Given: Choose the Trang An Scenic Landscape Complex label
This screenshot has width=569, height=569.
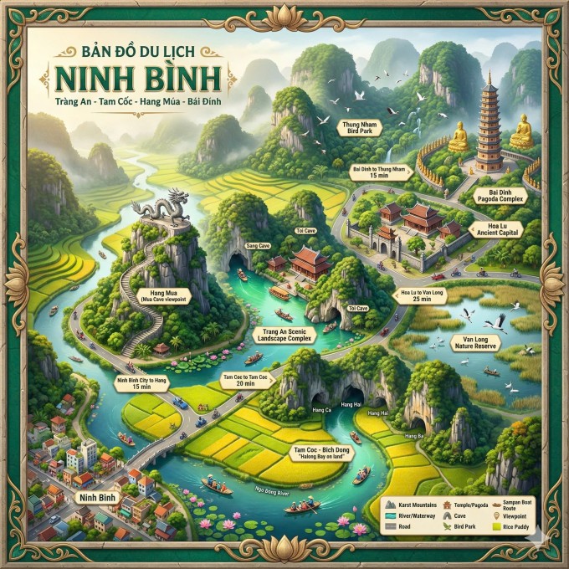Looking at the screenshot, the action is [280, 338].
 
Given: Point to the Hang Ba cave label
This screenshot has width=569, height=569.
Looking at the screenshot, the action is [416, 436].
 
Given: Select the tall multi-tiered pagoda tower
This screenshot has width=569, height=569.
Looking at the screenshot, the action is [489, 126].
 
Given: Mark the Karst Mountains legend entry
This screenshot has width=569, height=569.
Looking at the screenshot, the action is [411, 505].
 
